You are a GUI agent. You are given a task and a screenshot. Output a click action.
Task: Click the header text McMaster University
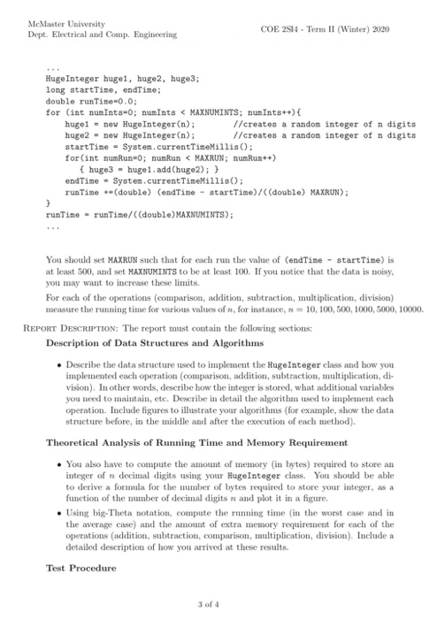tap(55, 23)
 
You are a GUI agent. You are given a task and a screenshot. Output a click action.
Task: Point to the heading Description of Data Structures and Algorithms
tap(151, 343)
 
